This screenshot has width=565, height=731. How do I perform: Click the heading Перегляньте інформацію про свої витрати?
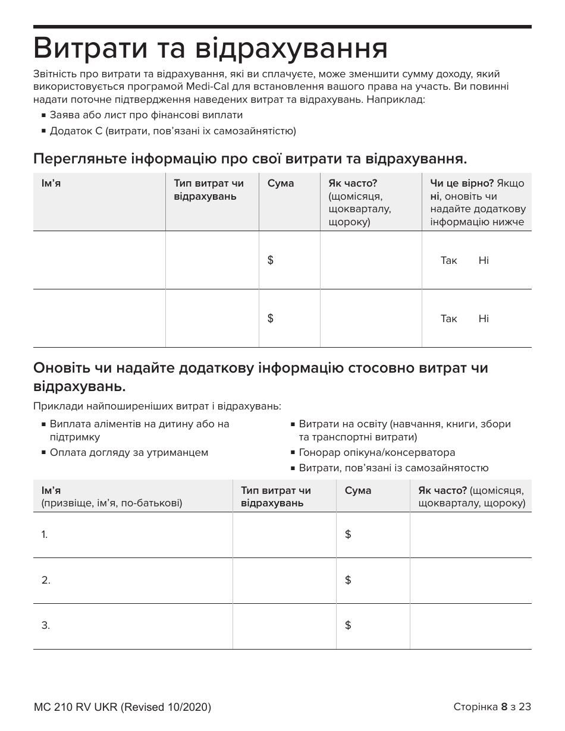(250, 159)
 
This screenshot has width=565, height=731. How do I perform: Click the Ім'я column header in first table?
(51, 183)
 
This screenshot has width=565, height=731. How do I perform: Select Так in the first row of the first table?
(448, 260)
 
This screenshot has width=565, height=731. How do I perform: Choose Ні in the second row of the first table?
(484, 319)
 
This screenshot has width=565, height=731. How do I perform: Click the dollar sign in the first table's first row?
(271, 260)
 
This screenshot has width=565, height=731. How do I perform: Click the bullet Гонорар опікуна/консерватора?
(376, 452)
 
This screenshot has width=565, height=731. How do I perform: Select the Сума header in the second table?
(358, 490)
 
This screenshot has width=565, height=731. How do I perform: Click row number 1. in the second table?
(45, 534)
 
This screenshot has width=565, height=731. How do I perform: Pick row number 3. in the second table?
(45, 625)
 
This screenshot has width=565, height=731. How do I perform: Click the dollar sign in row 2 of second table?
(348, 580)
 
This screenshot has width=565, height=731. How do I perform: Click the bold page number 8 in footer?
(504, 707)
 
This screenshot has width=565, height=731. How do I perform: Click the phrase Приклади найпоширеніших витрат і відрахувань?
(157, 407)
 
